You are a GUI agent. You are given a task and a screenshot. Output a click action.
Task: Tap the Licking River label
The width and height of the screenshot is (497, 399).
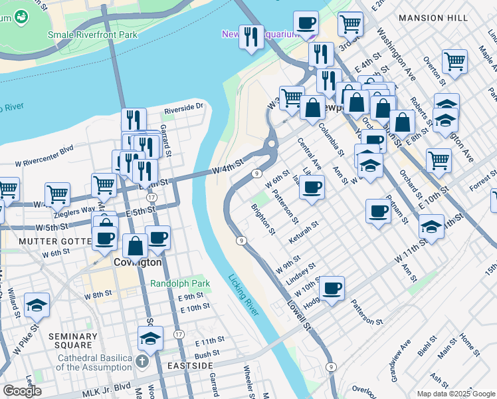(243, 296)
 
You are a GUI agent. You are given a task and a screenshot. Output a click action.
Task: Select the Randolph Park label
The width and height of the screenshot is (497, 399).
(180, 283)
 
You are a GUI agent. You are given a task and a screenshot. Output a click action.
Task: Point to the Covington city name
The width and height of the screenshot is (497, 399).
(138, 262)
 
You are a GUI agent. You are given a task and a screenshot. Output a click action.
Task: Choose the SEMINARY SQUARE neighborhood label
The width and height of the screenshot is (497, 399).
(74, 341)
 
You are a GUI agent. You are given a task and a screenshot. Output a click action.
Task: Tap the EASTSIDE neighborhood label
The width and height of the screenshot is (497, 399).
(189, 366)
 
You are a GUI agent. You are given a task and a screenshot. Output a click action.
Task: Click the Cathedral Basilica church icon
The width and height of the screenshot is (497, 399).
(142, 362)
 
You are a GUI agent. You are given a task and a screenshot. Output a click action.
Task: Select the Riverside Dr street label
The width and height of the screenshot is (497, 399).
(183, 106)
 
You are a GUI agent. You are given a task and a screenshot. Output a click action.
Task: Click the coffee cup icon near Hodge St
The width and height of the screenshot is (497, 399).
(332, 289)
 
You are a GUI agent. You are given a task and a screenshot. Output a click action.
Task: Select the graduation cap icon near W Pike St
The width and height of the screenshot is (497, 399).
(37, 305)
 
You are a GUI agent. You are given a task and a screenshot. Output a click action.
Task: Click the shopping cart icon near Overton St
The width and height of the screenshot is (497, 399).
(455, 62)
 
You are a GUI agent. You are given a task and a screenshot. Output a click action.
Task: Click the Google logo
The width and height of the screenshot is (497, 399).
(23, 391)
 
